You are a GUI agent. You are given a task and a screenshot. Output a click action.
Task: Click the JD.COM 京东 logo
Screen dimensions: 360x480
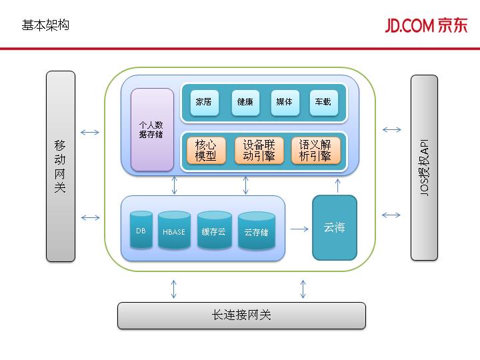click(x=425, y=25)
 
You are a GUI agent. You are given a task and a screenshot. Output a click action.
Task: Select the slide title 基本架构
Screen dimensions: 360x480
click(x=45, y=25)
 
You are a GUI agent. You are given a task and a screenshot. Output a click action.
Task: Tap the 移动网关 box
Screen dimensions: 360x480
click(x=61, y=166)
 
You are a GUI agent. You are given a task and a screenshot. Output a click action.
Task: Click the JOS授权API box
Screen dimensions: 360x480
click(x=424, y=167)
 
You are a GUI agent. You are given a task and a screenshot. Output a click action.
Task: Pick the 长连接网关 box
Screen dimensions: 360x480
click(x=241, y=315)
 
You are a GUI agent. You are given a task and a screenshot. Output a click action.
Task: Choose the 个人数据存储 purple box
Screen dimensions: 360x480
click(x=152, y=129)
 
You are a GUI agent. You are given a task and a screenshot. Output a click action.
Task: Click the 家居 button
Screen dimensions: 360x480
click(x=203, y=102)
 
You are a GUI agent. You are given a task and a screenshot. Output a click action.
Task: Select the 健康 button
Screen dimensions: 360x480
click(x=244, y=102)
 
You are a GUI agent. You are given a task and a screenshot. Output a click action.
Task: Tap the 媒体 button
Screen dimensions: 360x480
click(x=284, y=102)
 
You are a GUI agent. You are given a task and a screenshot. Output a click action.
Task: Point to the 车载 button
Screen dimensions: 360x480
click(x=323, y=102)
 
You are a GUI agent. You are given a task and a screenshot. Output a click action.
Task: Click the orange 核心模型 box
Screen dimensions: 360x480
click(x=205, y=151)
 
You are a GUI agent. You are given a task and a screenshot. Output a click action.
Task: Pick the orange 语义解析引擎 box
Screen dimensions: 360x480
click(x=315, y=151)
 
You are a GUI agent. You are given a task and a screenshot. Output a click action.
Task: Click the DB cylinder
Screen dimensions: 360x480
click(x=141, y=230)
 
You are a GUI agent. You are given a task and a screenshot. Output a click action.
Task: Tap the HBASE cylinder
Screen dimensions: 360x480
click(x=174, y=231)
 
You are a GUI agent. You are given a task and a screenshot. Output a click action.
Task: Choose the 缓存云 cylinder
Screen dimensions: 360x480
click(x=214, y=231)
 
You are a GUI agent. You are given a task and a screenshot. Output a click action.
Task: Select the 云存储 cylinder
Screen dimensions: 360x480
click(x=256, y=231)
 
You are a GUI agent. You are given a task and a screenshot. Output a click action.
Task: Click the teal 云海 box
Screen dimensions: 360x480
click(x=335, y=227)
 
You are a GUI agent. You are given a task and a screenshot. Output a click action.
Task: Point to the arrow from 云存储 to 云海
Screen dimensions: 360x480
click(x=299, y=229)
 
